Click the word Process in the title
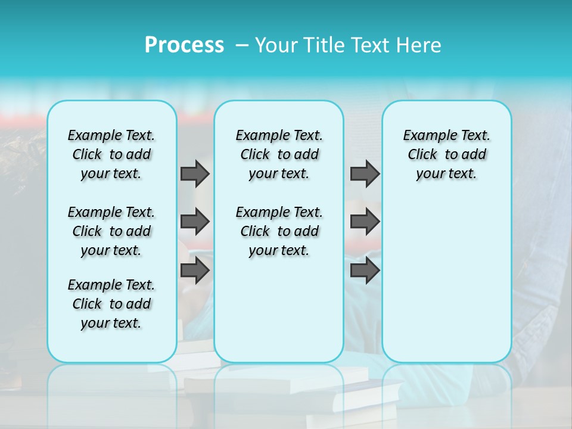(x=184, y=45)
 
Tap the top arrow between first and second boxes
(x=195, y=173)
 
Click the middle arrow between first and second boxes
(x=195, y=222)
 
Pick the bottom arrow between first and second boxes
(x=195, y=271)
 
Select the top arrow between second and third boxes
(x=365, y=173)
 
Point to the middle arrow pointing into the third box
(x=365, y=222)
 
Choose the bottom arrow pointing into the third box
(x=365, y=271)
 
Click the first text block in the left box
(x=111, y=154)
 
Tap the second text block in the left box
(x=111, y=231)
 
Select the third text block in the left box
(x=111, y=304)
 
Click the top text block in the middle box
(x=279, y=154)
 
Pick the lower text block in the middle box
(x=279, y=231)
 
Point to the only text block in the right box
(x=446, y=154)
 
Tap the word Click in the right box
(x=422, y=154)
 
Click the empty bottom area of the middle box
(x=279, y=316)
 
